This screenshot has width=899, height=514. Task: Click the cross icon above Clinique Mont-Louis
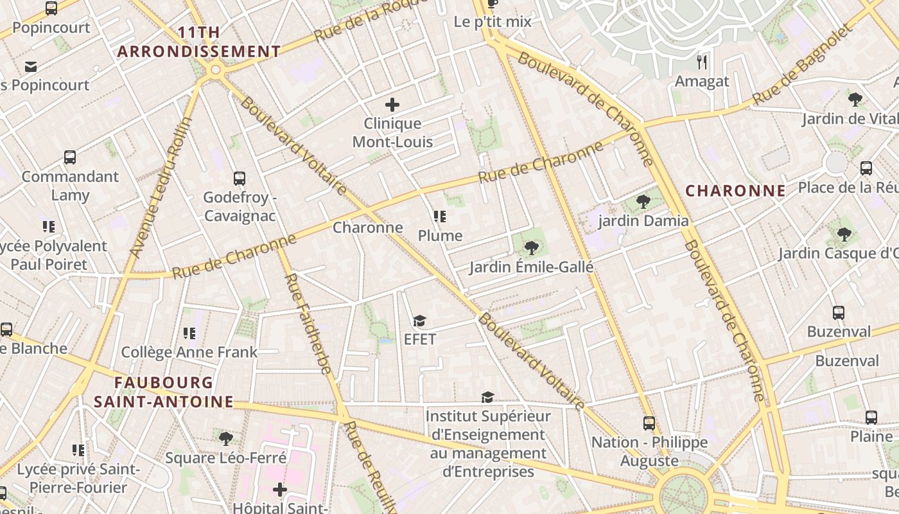392,105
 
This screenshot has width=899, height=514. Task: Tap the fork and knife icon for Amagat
702,62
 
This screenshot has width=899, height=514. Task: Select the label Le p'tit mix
493,22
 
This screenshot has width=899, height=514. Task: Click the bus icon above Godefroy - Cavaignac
240,179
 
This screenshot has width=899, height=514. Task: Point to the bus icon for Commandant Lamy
70,157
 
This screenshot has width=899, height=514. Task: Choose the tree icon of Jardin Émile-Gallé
531,247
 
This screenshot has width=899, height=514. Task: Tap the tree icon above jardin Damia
643,202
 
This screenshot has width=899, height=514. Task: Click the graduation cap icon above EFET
420,321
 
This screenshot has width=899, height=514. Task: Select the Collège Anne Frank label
189,352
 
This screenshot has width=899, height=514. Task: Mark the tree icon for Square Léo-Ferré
225,439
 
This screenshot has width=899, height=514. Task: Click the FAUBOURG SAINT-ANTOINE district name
164,392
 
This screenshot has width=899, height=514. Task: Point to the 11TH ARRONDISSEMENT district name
199,42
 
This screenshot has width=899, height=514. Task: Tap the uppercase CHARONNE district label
735,191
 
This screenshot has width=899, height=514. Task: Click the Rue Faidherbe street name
308,324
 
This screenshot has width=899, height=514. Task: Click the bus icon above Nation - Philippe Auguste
649,423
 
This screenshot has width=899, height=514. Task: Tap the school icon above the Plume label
440,217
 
